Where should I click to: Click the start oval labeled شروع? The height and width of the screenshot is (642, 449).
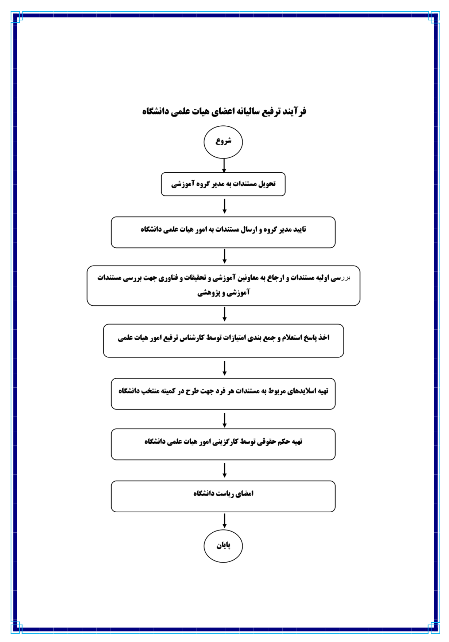(223, 142)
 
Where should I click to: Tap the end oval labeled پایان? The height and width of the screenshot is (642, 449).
(223, 546)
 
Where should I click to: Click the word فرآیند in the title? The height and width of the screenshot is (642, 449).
(295, 111)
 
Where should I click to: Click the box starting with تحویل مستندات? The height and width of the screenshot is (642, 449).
(223, 184)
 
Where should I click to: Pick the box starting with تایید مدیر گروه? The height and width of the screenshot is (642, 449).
(223, 232)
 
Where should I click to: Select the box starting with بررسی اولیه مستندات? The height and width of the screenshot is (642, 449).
(223, 286)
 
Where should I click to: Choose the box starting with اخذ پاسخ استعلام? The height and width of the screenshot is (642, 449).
(223, 341)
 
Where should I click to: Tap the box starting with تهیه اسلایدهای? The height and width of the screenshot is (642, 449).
(223, 394)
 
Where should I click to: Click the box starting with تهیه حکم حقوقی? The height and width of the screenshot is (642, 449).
(223, 444)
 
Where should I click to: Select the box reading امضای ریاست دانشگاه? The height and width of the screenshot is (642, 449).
(223, 496)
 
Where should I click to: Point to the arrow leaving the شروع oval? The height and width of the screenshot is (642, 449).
(224, 165)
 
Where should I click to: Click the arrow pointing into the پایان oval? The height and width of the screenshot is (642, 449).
(224, 521)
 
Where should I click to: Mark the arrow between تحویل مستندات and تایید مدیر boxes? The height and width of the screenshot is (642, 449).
(224, 206)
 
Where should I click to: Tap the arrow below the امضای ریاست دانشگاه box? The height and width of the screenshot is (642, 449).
(224, 521)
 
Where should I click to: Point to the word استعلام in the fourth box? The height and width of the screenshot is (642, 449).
(291, 338)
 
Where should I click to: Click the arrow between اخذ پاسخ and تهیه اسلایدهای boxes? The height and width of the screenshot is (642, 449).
(224, 368)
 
